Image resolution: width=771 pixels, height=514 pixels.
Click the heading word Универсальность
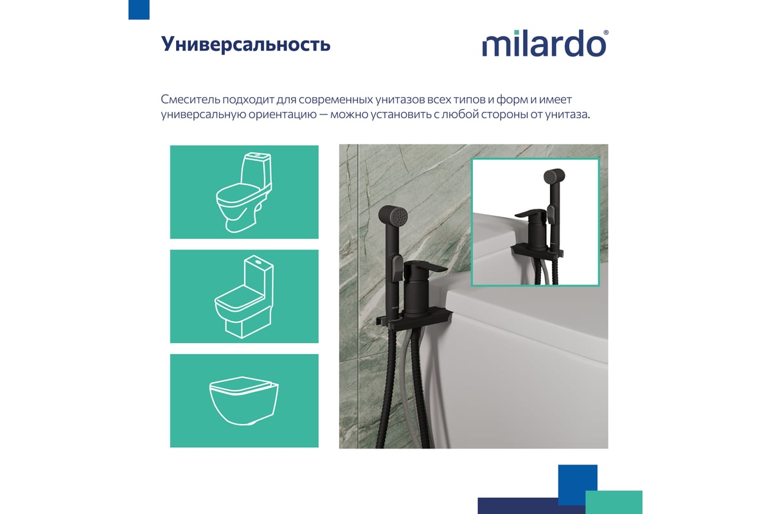click(245, 44)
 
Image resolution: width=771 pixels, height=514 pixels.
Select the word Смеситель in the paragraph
click(190, 100)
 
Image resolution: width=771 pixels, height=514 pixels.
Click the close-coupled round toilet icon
click(244, 191)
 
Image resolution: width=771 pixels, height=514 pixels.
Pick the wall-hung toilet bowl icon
click(244, 400)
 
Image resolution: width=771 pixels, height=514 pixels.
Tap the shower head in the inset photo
click(554, 177)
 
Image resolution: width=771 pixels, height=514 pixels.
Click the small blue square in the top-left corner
click(139, 10)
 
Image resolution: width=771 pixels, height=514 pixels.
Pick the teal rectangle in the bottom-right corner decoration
click(614, 502)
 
